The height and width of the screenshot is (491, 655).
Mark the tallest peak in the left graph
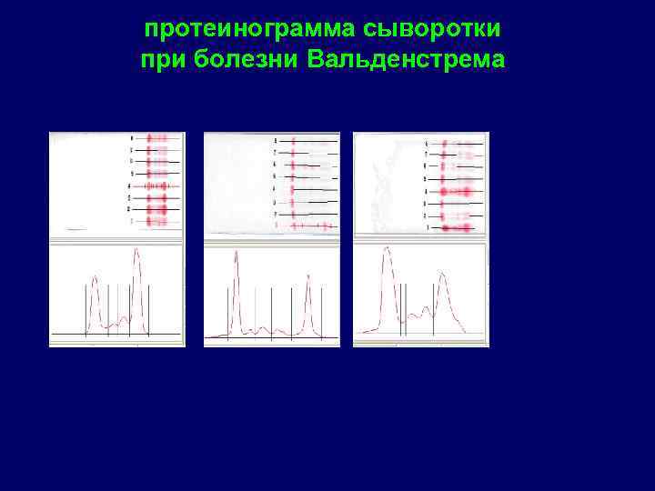pos(136,250)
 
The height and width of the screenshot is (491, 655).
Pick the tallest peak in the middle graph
pos(237,253)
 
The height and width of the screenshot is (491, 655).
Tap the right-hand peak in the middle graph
pos(308,276)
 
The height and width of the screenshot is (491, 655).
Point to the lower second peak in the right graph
pos(442,272)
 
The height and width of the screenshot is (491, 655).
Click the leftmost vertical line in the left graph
pos(86,309)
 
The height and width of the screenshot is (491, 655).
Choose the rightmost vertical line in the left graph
pos(143,309)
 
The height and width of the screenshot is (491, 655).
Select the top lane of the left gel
pos(157,138)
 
